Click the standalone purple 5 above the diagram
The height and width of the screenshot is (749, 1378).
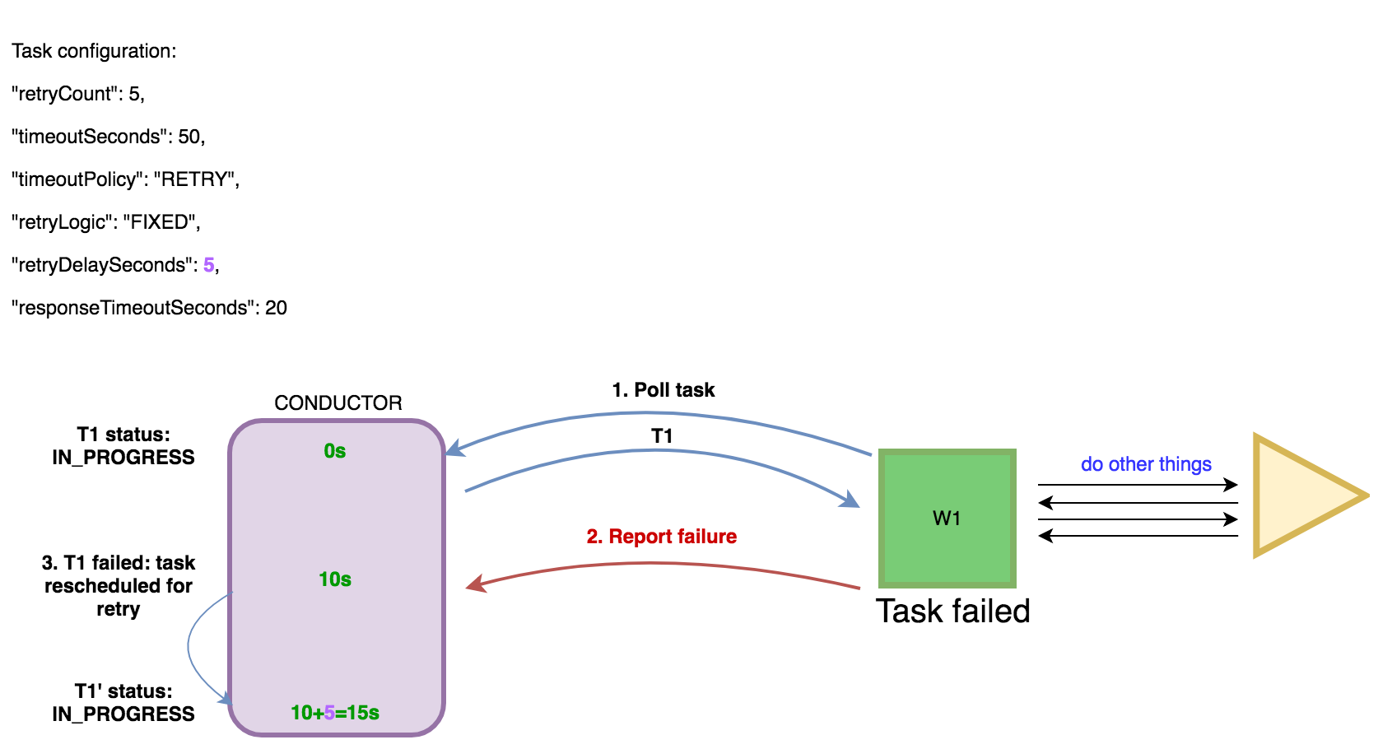point(209,265)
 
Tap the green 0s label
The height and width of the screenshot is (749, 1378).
point(335,451)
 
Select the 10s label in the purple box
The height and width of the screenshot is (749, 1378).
point(335,579)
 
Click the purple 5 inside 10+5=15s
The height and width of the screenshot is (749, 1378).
point(329,713)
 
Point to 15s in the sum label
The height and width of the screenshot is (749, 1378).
point(363,713)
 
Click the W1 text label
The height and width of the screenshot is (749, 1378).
point(947,519)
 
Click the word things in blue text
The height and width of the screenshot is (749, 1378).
point(1185,465)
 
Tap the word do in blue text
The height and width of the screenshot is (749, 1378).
point(1092,465)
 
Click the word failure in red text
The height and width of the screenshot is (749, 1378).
point(706,537)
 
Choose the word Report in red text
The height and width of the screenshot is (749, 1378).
point(640,537)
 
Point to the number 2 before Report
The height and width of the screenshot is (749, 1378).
point(593,537)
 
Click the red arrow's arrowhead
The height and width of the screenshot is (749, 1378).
point(475,584)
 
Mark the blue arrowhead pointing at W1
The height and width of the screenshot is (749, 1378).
point(850,499)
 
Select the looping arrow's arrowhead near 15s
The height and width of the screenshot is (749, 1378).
point(224,699)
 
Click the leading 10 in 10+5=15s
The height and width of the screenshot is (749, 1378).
point(301,713)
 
